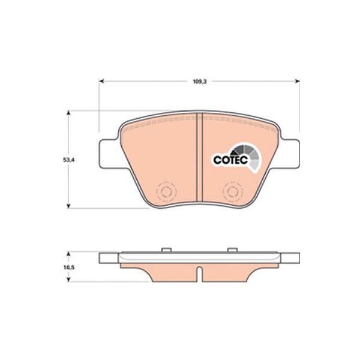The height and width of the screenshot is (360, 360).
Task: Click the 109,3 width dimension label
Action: pos(200,81)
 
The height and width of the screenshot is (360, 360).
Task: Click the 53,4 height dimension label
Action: pos(69,160)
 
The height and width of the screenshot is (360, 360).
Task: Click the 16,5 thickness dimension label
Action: pos(68,268)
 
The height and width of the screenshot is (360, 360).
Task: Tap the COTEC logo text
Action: pos(230,160)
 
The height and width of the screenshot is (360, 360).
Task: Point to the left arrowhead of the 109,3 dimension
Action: pos(101,81)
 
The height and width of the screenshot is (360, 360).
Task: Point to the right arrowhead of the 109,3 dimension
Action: pos(297,81)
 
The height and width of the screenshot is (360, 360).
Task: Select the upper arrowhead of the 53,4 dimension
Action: pos(68,113)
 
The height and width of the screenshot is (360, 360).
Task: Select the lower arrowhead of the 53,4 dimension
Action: pos(68,206)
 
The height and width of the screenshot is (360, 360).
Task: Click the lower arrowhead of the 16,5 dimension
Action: pos(68,279)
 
